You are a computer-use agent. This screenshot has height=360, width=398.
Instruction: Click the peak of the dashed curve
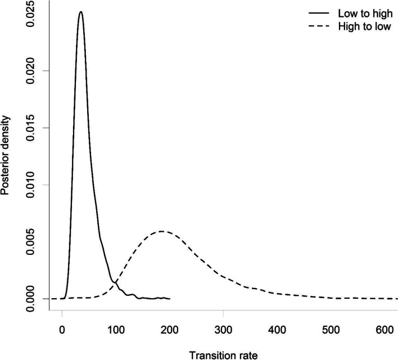pyautogui.click(x=162, y=231)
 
